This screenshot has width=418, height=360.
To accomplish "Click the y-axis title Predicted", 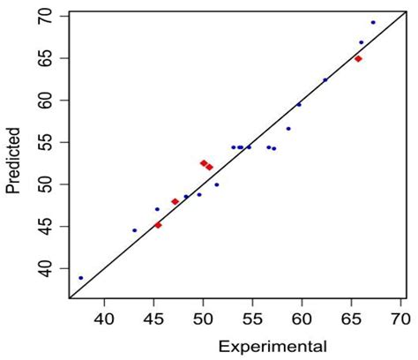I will coord(13,159).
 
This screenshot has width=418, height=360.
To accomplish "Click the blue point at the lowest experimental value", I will coord(81,278).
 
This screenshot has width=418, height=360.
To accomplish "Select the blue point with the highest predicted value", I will coord(373,22).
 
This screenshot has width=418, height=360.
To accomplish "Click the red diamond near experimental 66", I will coord(358,59).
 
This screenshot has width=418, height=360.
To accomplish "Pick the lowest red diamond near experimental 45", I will coord(158,225).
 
